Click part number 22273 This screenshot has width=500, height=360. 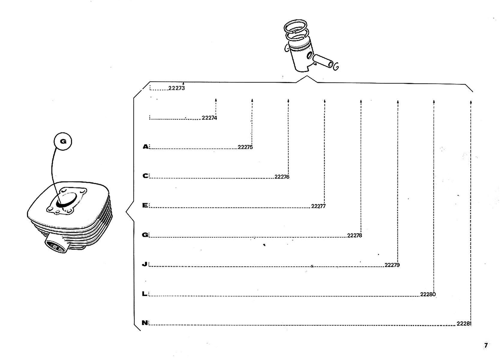click(177, 88)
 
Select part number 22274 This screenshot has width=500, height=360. click(209, 118)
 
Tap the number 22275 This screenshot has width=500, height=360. click(245, 147)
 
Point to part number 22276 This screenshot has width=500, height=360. click(282, 177)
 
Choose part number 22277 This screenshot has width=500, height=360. click(318, 206)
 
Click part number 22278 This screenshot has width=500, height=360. click(355, 235)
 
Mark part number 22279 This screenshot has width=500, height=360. click(392, 265)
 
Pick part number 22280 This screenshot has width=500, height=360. click(428, 294)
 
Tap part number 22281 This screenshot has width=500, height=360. click(464, 324)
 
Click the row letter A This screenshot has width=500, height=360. click(145, 147)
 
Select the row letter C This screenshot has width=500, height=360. click(145, 176)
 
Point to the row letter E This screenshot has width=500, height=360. click(145, 205)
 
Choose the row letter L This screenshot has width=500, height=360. click(145, 294)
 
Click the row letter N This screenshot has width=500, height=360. click(145, 323)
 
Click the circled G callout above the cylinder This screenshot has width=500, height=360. click(63, 142)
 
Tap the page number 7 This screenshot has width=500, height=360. click(486, 345)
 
